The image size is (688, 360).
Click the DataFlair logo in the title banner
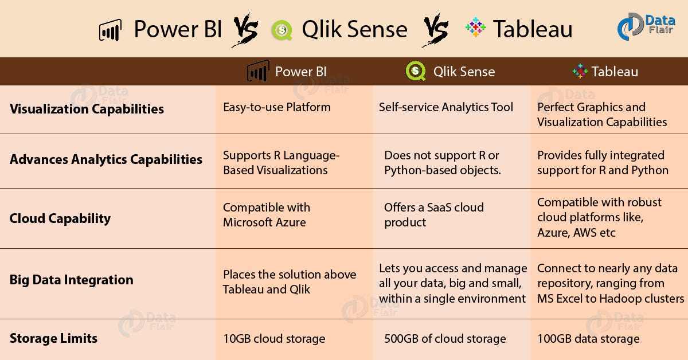646,26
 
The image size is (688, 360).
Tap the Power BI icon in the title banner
110,30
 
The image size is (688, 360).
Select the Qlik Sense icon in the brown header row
416,71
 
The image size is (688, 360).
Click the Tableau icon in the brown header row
580,71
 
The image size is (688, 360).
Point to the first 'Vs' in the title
245,30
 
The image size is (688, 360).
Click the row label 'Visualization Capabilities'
87,109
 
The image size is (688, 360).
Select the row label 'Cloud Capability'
60,219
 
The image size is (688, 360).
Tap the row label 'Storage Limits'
53,338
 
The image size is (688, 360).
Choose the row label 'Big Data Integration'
71,280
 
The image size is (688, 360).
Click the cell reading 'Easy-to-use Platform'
277,107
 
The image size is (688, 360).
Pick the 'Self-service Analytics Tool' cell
445,107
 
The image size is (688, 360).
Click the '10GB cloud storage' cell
274,339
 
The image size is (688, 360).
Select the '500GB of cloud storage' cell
445,339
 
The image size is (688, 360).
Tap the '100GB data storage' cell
588,339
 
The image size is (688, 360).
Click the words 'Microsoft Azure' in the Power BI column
264,222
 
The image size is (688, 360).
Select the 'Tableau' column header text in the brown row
615,72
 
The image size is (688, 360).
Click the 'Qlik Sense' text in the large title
355,29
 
